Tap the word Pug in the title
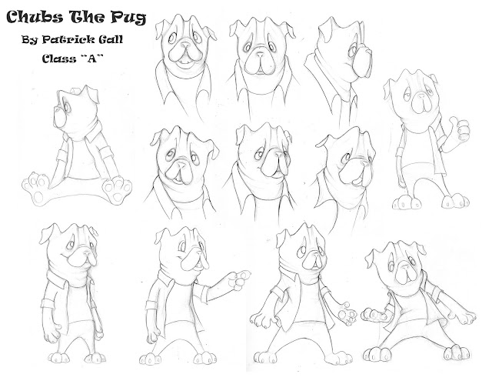(128, 18)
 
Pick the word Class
(59, 58)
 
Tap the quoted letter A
(92, 58)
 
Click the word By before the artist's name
(30, 40)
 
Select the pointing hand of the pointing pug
(240, 280)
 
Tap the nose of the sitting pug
(56, 109)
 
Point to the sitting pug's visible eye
(67, 107)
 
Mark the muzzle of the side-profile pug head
(362, 62)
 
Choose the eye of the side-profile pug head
(354, 50)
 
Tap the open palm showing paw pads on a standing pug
(346, 315)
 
